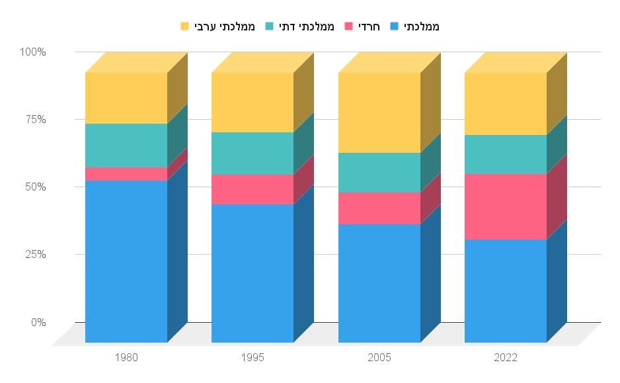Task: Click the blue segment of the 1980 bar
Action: click(x=126, y=261)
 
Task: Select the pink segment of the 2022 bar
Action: click(x=506, y=206)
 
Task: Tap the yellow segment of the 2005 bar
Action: click(x=379, y=112)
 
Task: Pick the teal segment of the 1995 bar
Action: click(x=252, y=153)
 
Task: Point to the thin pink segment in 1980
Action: click(x=126, y=174)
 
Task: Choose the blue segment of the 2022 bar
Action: click(x=506, y=290)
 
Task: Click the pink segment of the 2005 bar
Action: click(x=379, y=208)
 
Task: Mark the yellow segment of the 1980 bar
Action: click(x=126, y=98)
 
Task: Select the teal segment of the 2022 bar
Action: click(x=506, y=154)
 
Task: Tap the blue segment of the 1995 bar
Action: click(x=252, y=273)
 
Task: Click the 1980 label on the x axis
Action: click(x=126, y=358)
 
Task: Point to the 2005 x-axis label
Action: click(x=379, y=358)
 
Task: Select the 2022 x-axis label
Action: click(x=506, y=358)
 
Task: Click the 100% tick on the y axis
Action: click(x=32, y=52)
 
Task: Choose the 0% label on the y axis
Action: click(x=38, y=322)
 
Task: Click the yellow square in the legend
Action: click(x=185, y=26)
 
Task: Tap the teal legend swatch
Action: click(x=270, y=26)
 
